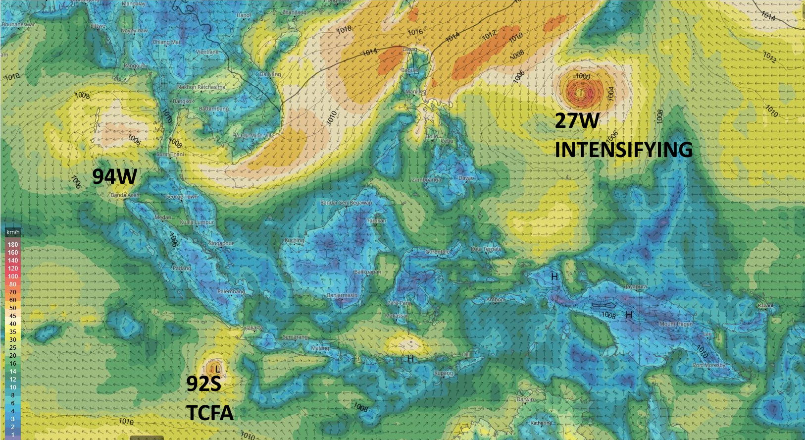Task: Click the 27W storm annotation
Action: [x=577, y=120]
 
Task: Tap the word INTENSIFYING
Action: [x=623, y=149]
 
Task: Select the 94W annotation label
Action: [x=114, y=176]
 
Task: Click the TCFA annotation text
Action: [x=210, y=412]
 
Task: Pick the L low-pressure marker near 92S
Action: [x=217, y=369]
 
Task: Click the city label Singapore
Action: [x=221, y=243]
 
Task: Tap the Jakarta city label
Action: [x=254, y=328]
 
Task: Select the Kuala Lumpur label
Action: [x=197, y=222]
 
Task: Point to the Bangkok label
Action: [x=183, y=101]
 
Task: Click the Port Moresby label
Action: [x=709, y=365]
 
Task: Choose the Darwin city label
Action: [x=525, y=399]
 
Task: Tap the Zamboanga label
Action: [x=426, y=179]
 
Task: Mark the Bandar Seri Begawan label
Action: [x=346, y=203]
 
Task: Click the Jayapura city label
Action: [x=636, y=287]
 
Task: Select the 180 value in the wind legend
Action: [x=13, y=244]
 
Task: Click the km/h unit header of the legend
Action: [x=13, y=232]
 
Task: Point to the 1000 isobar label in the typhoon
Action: [x=582, y=76]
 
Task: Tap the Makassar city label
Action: [x=397, y=316]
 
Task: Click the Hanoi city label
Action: [x=244, y=15]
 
